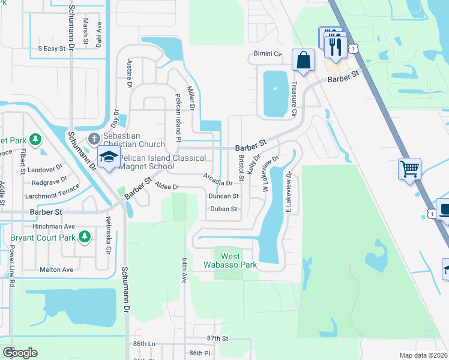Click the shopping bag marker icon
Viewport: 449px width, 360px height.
point(304,61)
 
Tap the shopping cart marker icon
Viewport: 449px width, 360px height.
point(409,169)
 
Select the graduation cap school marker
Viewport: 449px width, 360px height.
point(109,158)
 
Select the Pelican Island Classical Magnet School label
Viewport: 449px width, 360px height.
point(162,162)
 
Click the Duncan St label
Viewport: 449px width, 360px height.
point(223,196)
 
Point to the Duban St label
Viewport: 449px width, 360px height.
point(223,209)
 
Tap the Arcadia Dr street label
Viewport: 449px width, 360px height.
point(218,179)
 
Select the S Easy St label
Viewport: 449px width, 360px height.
point(51,48)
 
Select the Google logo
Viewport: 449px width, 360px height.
point(20,353)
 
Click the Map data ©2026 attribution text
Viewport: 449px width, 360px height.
point(423,355)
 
